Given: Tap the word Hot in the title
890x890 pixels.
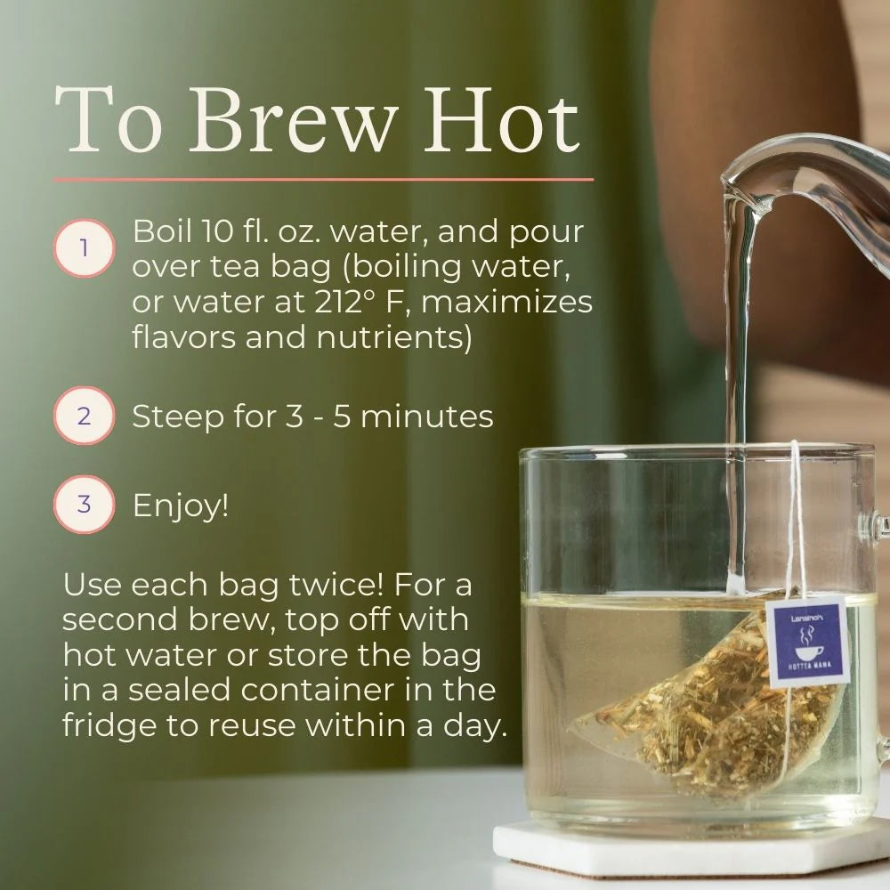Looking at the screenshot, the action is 502,122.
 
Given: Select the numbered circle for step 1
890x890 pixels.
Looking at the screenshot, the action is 84,248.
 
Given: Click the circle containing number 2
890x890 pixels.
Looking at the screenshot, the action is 84,416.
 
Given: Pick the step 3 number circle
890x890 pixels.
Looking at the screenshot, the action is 84,504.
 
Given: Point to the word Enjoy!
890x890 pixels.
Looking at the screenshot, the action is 181,506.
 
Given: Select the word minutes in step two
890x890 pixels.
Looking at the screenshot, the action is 427,417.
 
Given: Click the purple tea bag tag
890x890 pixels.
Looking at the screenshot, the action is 807,642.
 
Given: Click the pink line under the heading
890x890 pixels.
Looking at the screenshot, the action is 324,180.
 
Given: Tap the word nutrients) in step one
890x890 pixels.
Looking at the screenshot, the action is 394,337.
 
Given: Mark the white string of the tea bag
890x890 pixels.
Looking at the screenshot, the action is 798,522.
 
